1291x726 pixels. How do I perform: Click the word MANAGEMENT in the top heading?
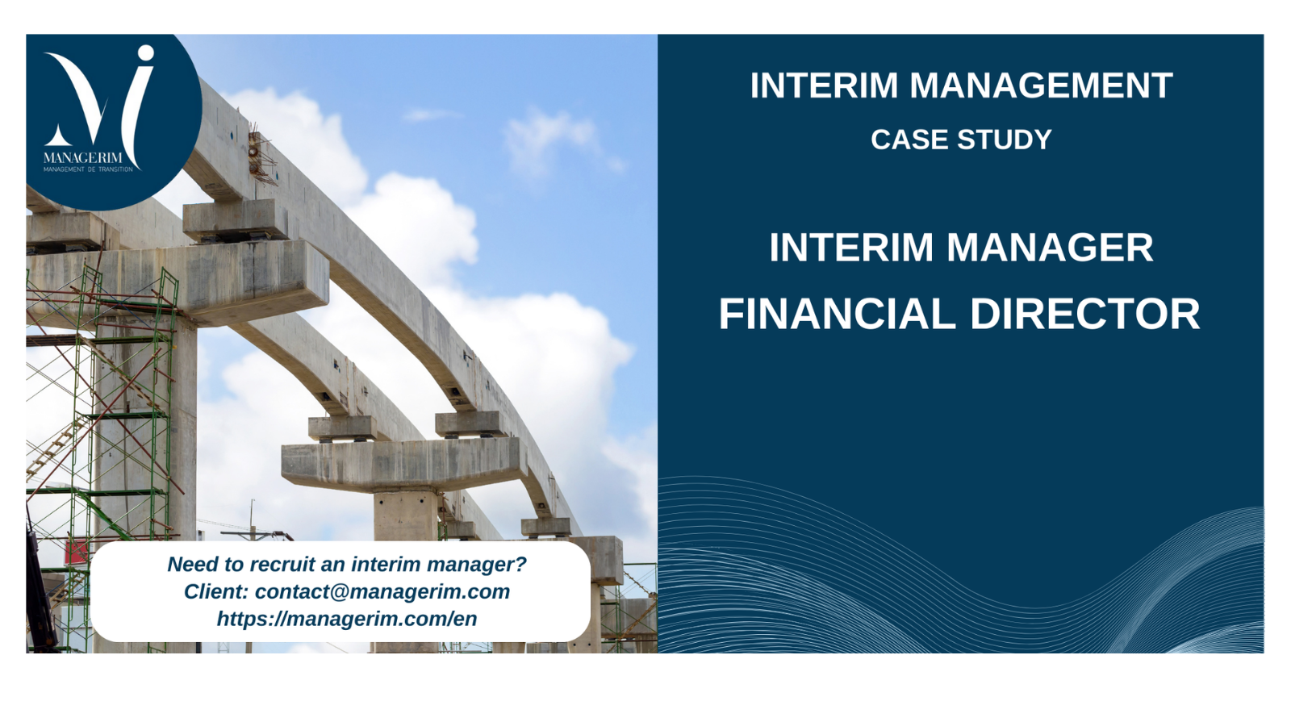point(1041,86)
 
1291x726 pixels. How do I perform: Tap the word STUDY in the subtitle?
point(1005,140)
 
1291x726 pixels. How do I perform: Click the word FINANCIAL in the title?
point(837,314)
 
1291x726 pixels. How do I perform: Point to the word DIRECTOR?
point(1085,314)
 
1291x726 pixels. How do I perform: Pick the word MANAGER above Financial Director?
point(1050,247)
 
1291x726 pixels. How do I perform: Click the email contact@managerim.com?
point(382,592)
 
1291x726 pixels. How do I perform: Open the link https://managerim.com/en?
point(347,619)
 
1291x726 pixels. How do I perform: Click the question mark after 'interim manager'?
point(520,564)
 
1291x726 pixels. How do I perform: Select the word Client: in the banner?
point(216,592)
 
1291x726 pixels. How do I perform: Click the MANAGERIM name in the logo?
point(82,158)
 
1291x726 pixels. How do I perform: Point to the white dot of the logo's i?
point(146,53)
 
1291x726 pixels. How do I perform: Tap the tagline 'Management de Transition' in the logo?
point(88,169)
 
